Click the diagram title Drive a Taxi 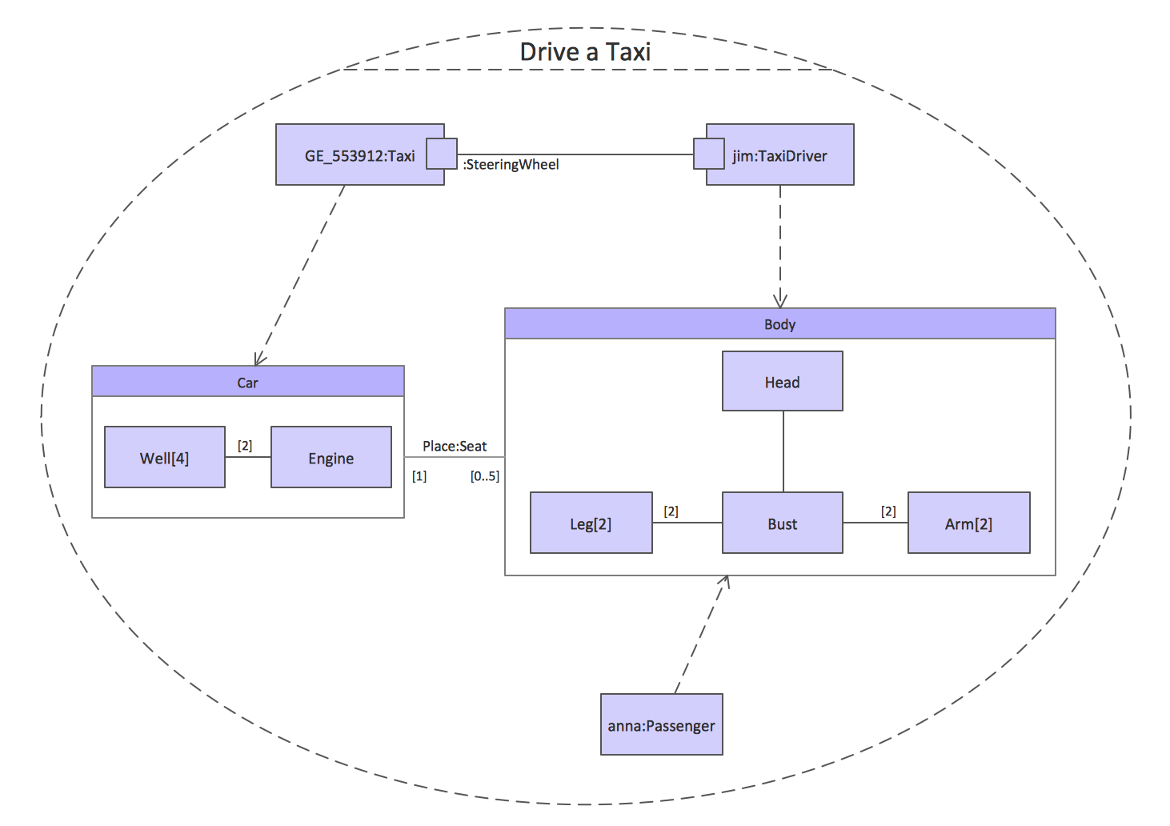[x=585, y=52]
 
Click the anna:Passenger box [x=661, y=724]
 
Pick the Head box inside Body [x=782, y=382]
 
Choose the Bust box [x=782, y=523]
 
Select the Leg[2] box [x=591, y=523]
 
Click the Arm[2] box [x=968, y=523]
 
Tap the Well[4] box [x=164, y=458]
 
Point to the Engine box [x=331, y=458]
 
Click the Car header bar [x=247, y=382]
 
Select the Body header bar [x=779, y=324]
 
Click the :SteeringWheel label [x=511, y=165]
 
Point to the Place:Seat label [x=455, y=446]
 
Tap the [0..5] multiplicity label [x=484, y=476]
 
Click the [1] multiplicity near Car [x=419, y=476]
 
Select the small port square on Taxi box [x=441, y=154]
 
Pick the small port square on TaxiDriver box [x=708, y=154]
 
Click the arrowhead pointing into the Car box [x=259, y=359]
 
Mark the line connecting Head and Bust [x=783, y=451]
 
